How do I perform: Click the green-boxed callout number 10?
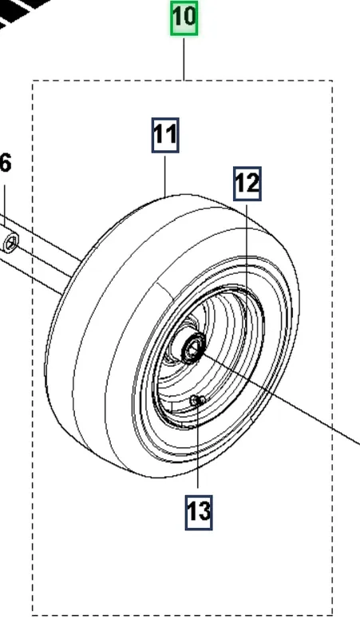click(184, 18)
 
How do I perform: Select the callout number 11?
click(165, 135)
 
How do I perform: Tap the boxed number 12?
click(247, 184)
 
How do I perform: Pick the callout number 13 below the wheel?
click(199, 512)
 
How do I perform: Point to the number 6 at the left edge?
click(6, 164)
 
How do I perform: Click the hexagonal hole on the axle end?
click(11, 244)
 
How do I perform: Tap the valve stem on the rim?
click(197, 401)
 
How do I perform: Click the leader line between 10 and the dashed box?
click(184, 59)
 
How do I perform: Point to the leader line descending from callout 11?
click(165, 176)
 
